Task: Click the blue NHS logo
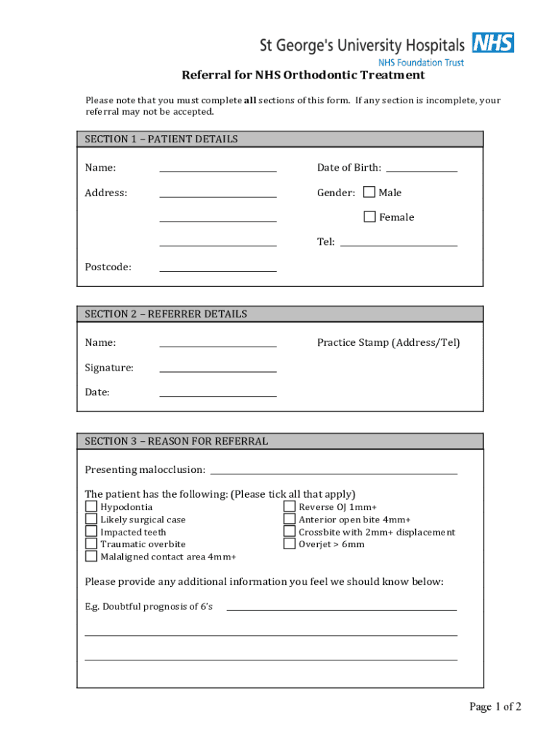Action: [x=493, y=43]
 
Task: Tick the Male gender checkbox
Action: [x=369, y=193]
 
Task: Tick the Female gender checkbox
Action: [x=369, y=217]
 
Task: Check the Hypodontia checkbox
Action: [x=91, y=507]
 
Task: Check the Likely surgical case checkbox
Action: [x=91, y=519]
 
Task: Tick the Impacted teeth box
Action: [x=91, y=532]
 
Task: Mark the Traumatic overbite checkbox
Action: [x=91, y=544]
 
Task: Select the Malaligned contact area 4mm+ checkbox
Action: [x=91, y=557]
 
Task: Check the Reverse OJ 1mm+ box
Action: [x=289, y=507]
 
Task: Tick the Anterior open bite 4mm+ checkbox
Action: [x=289, y=519]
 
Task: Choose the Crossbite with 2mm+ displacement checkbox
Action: [x=289, y=532]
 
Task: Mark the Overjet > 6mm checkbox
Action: [x=289, y=544]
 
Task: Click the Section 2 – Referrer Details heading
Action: [x=166, y=314]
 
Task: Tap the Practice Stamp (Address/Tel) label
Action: [x=388, y=343]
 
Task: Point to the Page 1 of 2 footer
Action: [x=495, y=707]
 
